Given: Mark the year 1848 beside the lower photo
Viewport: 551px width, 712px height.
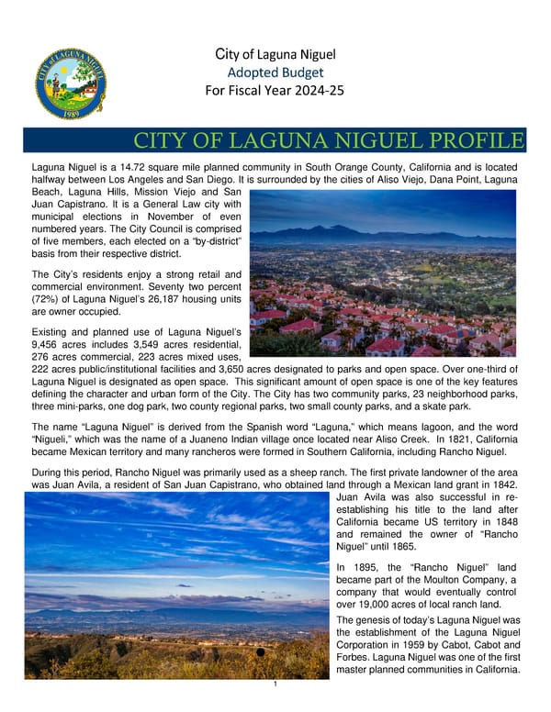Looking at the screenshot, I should click(x=507, y=522).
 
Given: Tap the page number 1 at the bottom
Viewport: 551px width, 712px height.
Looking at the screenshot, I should click(x=275, y=684).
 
